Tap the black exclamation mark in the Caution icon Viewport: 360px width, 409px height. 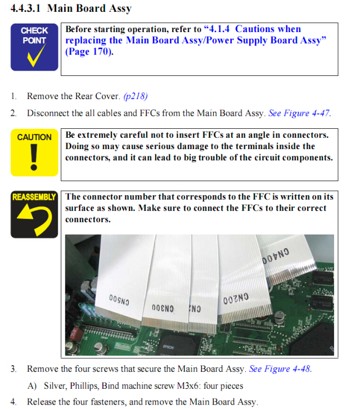[x=34, y=158]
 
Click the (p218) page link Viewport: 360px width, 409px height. [x=136, y=96]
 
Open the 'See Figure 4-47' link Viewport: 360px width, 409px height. [x=299, y=113]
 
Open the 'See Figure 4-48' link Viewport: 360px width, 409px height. [x=280, y=369]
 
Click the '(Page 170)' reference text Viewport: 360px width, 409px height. [x=89, y=52]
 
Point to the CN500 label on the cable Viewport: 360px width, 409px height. [x=119, y=300]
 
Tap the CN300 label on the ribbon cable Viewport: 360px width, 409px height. [x=163, y=308]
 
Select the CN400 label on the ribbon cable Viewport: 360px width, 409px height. [x=276, y=255]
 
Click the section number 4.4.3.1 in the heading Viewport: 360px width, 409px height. [x=25, y=8]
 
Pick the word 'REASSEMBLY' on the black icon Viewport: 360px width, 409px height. [x=34, y=197]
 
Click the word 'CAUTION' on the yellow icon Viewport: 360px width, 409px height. [x=34, y=137]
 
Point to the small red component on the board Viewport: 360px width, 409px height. [x=76, y=334]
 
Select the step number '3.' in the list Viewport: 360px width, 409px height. [x=13, y=369]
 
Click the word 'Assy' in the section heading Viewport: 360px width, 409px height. [x=120, y=8]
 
